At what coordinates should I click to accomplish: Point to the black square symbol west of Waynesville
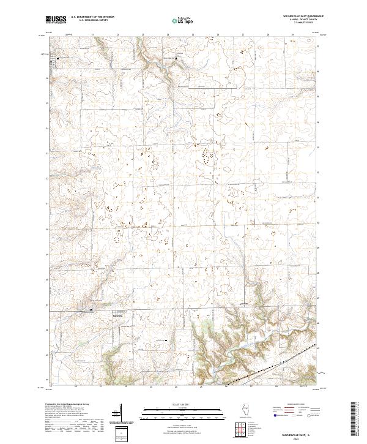pos(92,310)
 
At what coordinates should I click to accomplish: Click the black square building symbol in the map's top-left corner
pos(58,58)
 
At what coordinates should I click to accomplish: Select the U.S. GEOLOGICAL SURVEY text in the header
pos(89,21)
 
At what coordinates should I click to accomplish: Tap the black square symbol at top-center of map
pos(177,59)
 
